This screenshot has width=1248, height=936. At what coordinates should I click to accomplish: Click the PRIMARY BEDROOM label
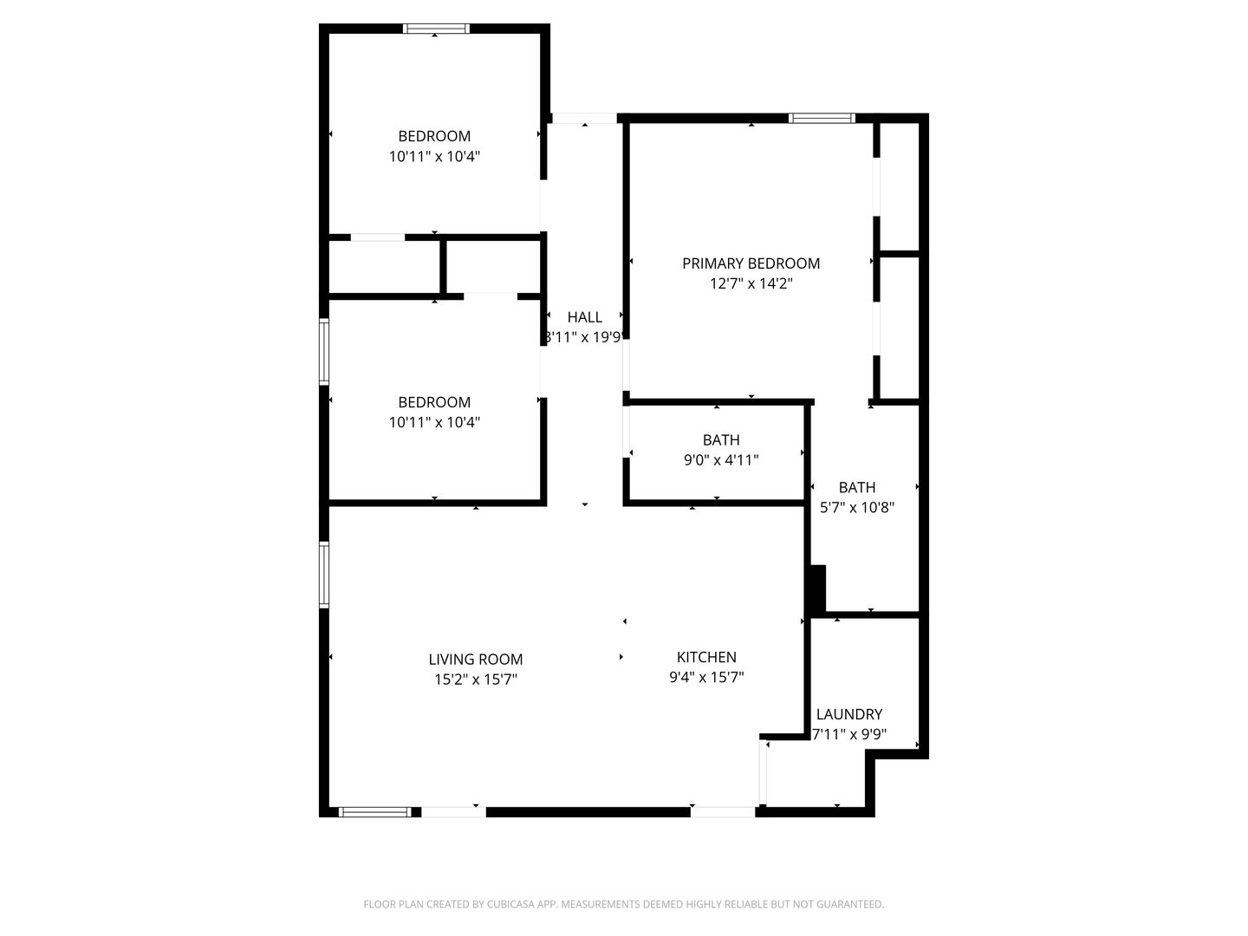[x=751, y=263]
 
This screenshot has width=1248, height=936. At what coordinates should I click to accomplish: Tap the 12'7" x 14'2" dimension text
[x=751, y=283]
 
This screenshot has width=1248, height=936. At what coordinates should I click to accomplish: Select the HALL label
[x=584, y=317]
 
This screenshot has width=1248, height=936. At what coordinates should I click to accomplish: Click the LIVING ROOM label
[x=476, y=660]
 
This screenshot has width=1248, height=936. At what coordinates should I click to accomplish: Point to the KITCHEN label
[x=706, y=657]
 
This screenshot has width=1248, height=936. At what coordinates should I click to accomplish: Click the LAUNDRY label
[x=849, y=714]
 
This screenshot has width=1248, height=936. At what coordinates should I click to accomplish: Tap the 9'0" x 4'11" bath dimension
[x=721, y=460]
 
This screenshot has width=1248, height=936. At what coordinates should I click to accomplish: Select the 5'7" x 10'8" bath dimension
[x=857, y=508]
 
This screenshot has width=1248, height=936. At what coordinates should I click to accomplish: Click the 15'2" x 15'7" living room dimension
[x=476, y=680]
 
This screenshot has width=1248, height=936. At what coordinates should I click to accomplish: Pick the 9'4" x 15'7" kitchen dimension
[x=706, y=678]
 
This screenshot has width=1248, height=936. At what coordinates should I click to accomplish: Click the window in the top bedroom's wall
[x=437, y=29]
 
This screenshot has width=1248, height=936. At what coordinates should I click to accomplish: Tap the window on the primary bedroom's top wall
[x=822, y=118]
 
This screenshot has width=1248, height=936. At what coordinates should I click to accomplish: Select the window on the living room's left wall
[x=324, y=574]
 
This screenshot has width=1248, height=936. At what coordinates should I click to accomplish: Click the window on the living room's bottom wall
[x=374, y=812]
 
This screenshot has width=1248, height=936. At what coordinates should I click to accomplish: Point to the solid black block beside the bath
[x=816, y=589]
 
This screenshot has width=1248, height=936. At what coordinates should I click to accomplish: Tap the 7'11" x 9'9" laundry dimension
[x=849, y=735]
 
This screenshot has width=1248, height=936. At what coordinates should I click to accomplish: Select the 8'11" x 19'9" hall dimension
[x=584, y=337]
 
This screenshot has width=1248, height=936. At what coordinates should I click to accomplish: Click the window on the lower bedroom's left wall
[x=324, y=351]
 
